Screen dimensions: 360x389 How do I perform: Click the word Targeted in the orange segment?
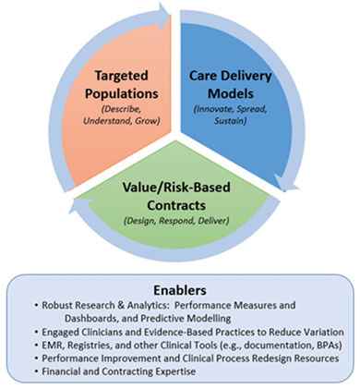[x=122, y=76]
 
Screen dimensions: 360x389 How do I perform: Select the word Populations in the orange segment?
[x=122, y=93]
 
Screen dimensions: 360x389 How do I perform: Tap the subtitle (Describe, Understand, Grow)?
[x=122, y=115]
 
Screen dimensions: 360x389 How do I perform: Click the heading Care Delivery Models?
[x=231, y=84]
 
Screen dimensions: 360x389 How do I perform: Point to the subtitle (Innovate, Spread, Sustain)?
[x=230, y=115]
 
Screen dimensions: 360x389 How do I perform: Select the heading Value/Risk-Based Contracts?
[x=176, y=196]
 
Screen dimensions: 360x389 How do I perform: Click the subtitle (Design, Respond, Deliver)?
[x=176, y=221]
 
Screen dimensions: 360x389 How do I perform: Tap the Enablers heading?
[x=180, y=290]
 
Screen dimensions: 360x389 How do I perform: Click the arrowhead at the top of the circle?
[x=163, y=13]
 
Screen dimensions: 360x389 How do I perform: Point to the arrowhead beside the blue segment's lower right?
[x=285, y=183]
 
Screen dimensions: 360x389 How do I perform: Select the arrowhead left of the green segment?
[x=80, y=206]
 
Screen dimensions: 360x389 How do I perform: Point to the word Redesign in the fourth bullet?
[x=272, y=359]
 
